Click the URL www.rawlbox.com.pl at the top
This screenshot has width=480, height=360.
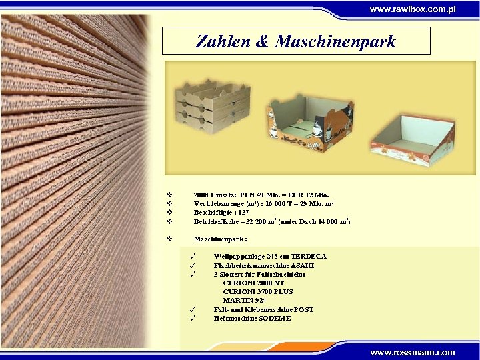click(x=413, y=9)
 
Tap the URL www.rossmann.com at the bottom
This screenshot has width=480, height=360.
click(x=413, y=352)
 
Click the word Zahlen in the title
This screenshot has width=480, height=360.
click(x=221, y=41)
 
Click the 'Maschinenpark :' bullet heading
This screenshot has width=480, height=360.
click(x=220, y=238)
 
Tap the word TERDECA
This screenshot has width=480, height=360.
click(x=308, y=256)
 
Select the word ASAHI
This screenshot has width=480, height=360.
click(x=301, y=265)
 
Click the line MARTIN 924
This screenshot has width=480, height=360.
click(x=239, y=300)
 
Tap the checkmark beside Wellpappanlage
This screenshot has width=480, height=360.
click(x=191, y=256)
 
